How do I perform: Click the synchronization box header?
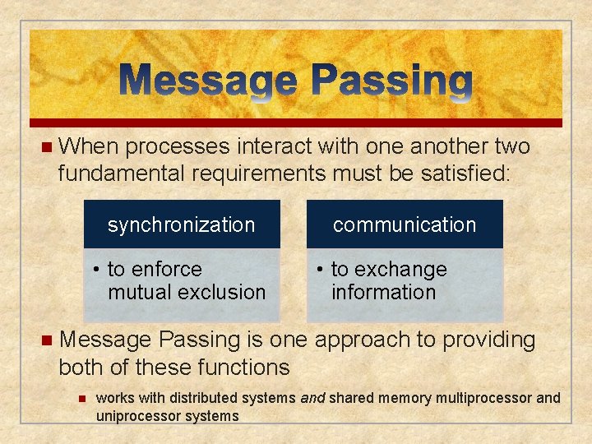click(x=182, y=224)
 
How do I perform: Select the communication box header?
click(x=405, y=224)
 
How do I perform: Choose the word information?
click(x=383, y=292)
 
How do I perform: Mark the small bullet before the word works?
click(x=81, y=398)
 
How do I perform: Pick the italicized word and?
click(x=312, y=398)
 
